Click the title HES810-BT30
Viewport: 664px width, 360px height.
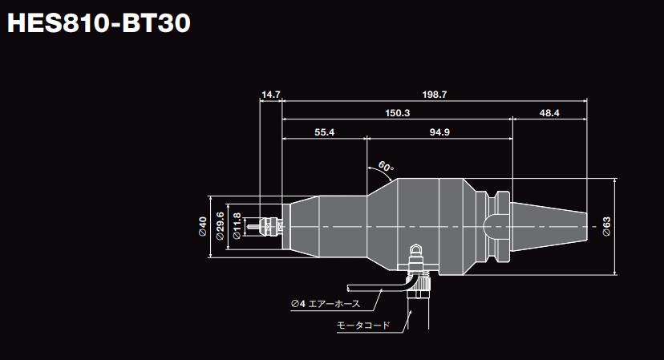(98, 24)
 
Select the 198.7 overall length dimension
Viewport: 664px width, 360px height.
(434, 95)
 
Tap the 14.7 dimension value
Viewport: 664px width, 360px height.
(271, 95)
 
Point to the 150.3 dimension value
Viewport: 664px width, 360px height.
(397, 113)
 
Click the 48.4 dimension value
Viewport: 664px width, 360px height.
(549, 113)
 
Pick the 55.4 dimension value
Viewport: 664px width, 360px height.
(324, 131)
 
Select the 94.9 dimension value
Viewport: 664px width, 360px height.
(439, 131)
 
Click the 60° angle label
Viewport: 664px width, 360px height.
(386, 168)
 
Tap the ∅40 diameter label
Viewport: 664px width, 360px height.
(203, 227)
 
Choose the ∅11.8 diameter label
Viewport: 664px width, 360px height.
(237, 227)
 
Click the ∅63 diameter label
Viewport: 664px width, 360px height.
(607, 227)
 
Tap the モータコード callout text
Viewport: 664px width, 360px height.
(363, 326)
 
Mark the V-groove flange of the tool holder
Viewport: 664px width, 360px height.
(497, 226)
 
